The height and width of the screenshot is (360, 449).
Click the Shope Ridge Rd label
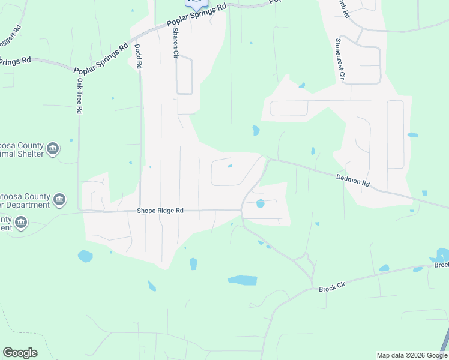point(160,211)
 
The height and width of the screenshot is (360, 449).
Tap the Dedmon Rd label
point(352,179)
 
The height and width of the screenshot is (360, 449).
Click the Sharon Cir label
point(176,43)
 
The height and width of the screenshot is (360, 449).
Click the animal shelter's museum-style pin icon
point(53,148)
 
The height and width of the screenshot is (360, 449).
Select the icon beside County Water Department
point(59,199)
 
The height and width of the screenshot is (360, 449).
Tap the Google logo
point(20,353)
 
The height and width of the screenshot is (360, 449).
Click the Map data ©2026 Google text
point(412,355)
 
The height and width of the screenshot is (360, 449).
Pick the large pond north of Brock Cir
point(243,280)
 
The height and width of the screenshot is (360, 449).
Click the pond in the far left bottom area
point(85,256)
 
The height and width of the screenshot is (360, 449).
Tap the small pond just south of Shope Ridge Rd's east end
point(260,203)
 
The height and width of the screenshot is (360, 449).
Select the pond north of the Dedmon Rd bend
point(256,130)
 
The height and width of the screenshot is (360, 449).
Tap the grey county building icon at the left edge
point(21,223)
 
